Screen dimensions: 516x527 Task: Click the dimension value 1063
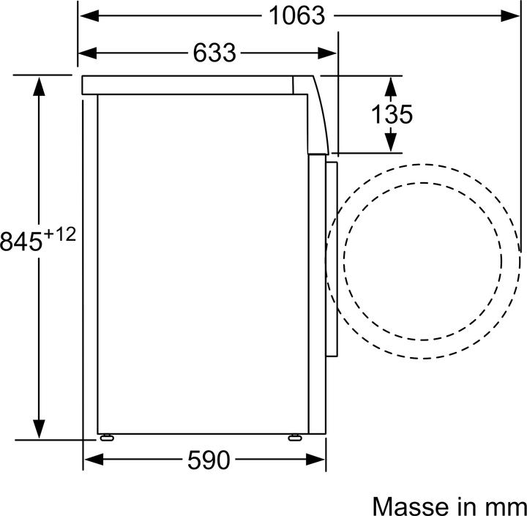pyautogui.click(x=296, y=15)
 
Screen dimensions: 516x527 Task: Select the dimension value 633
pyautogui.click(x=215, y=53)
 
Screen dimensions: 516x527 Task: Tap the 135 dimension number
pyautogui.click(x=391, y=114)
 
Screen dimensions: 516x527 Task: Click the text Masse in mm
pyautogui.click(x=449, y=505)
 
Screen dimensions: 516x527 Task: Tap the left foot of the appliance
pyautogui.click(x=108, y=437)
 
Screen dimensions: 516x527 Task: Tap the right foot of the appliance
pyautogui.click(x=295, y=437)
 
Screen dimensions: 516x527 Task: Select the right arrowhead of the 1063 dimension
pyautogui.click(x=511, y=15)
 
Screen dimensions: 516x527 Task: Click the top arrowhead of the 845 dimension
pyautogui.click(x=40, y=85)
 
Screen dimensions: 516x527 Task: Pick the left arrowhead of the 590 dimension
pyautogui.click(x=93, y=460)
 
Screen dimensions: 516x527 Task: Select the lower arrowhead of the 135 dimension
pyautogui.click(x=391, y=142)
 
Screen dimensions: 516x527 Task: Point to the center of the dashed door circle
pyautogui.click(x=423, y=262)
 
